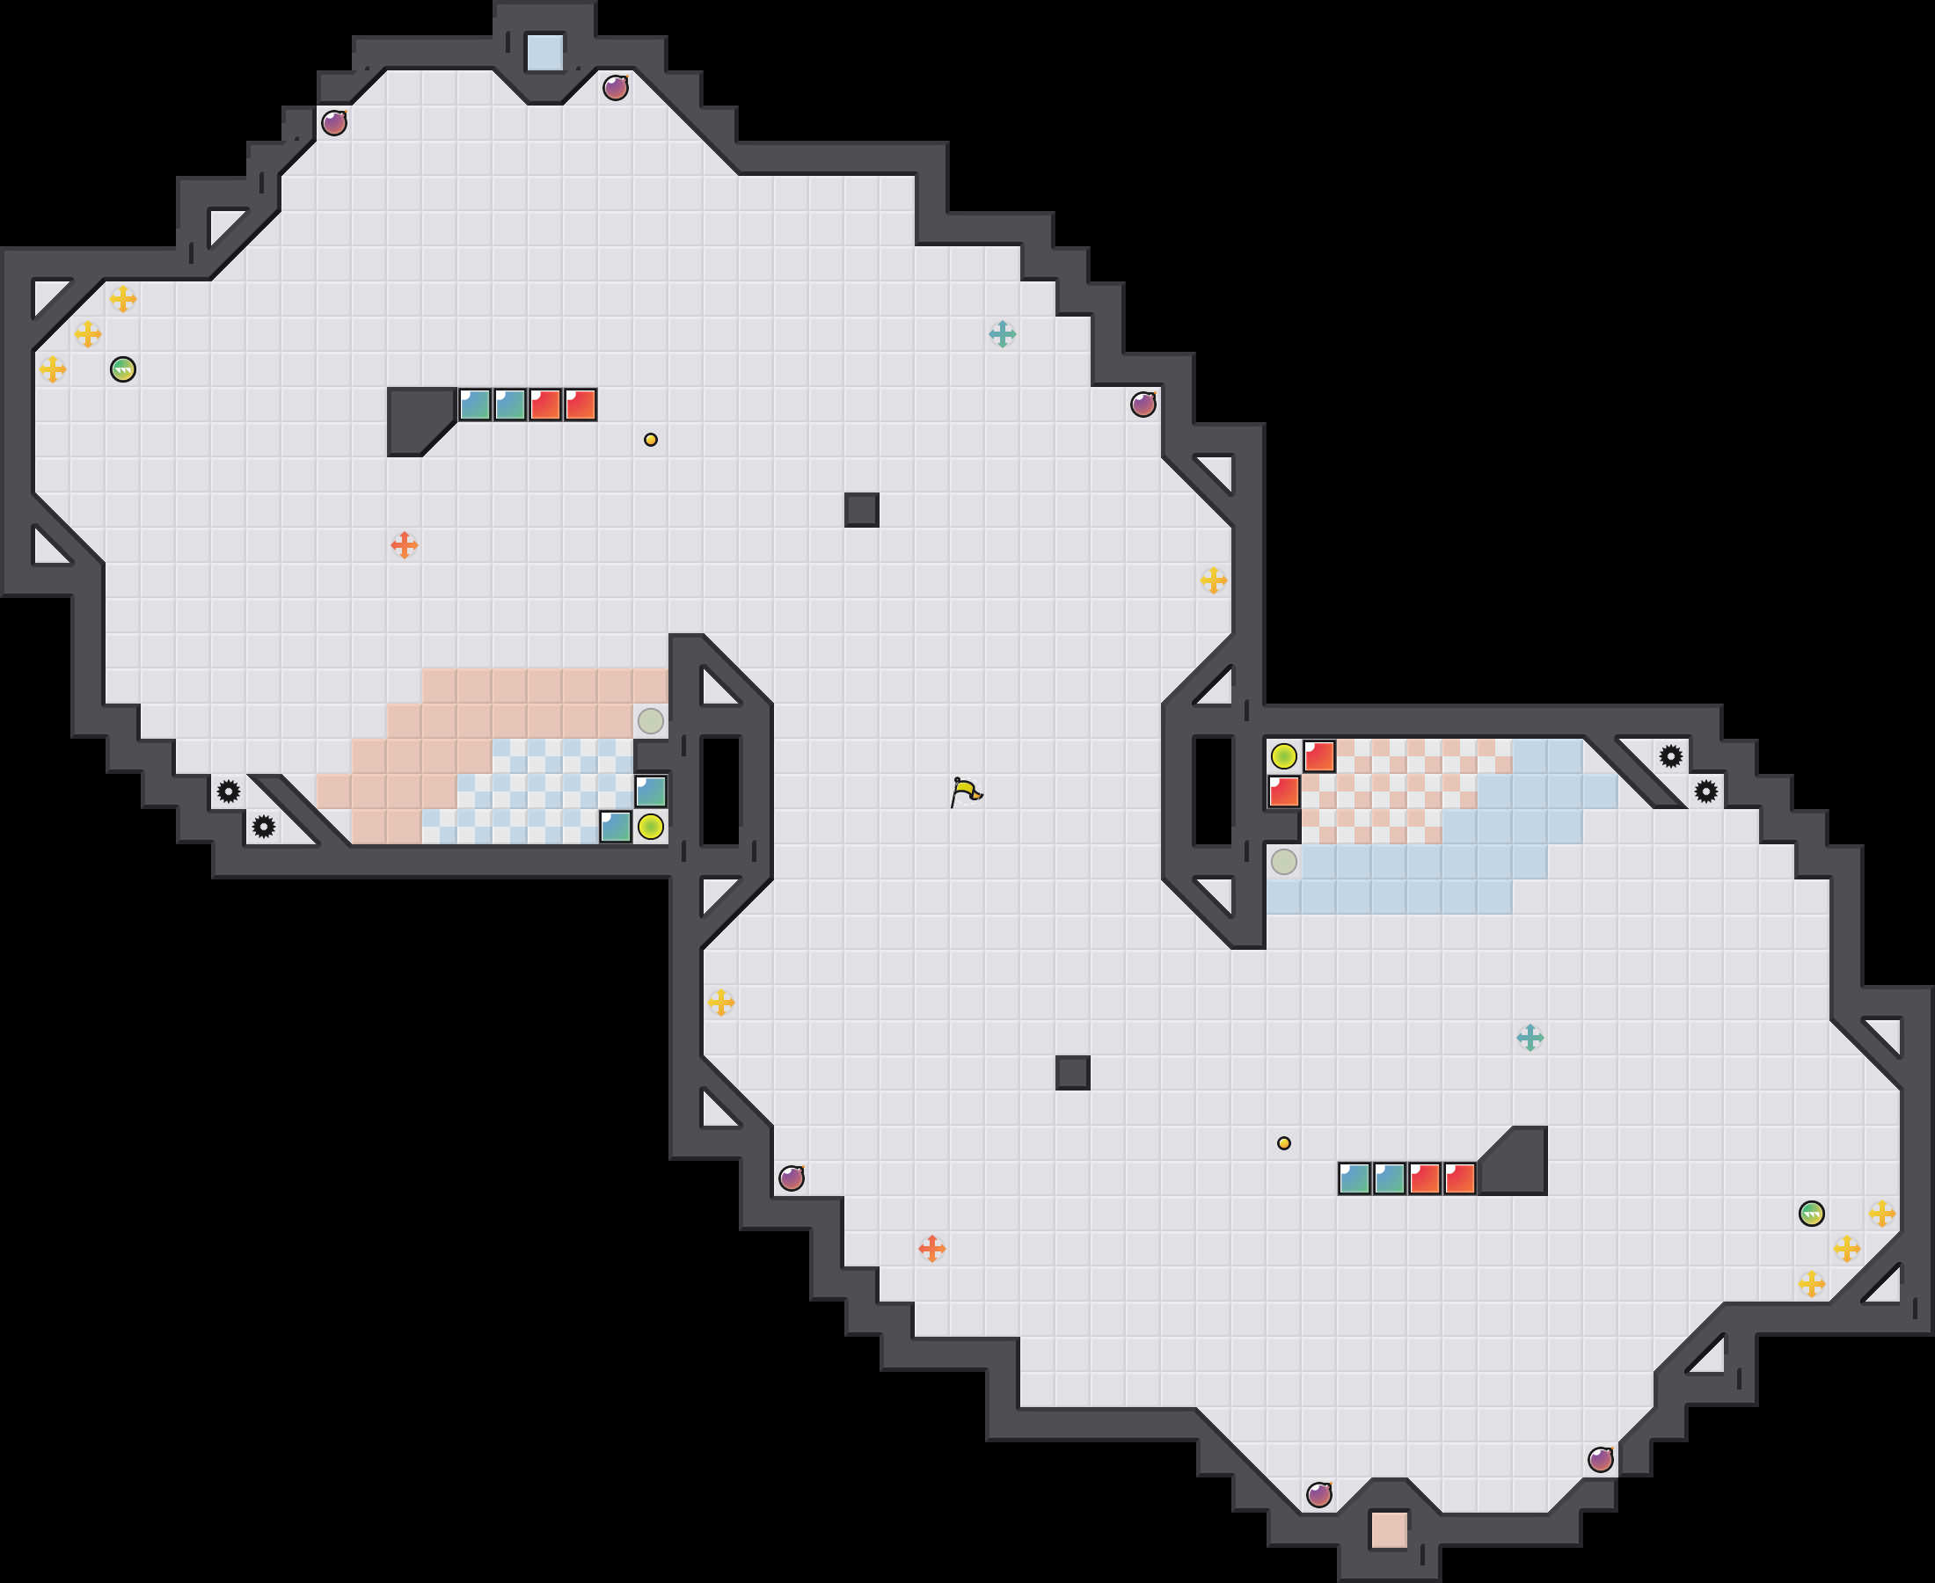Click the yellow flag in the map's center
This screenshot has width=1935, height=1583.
click(x=966, y=791)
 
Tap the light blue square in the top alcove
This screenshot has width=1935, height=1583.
click(x=544, y=52)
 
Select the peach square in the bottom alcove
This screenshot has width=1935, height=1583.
click(x=1389, y=1529)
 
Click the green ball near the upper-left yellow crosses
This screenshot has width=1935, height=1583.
click(x=123, y=369)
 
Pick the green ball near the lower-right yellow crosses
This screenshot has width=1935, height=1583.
click(x=1811, y=1214)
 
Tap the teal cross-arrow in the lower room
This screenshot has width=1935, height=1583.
click(x=1530, y=1038)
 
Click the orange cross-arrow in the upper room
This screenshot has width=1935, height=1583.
click(x=404, y=545)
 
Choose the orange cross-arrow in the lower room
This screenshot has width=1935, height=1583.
click(x=931, y=1248)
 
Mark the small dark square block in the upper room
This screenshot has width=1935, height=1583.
click(x=861, y=510)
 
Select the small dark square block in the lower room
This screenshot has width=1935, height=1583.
click(x=1072, y=1072)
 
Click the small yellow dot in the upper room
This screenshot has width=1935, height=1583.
click(x=650, y=440)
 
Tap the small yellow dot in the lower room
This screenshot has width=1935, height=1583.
click(x=1283, y=1143)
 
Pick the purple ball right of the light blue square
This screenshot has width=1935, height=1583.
click(x=616, y=88)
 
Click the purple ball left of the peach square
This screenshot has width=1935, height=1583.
click(x=1318, y=1494)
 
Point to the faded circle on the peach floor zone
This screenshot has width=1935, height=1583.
click(x=650, y=720)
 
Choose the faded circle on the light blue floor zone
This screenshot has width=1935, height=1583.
click(x=1283, y=862)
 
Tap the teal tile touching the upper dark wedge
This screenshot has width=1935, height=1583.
click(x=474, y=404)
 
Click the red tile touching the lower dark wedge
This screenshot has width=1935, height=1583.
click(x=1459, y=1178)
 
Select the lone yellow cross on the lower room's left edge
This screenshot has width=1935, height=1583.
click(x=720, y=1003)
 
